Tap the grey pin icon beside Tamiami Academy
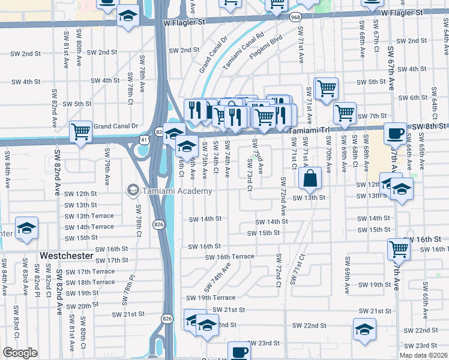pos(131,191)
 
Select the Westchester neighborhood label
pos(67,256)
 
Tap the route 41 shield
pos(146,139)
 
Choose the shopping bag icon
pos(310,178)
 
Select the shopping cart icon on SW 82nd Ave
pos(80,131)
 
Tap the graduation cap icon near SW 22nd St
pos(364,329)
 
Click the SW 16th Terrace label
pos(223,256)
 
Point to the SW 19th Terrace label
pos(211,298)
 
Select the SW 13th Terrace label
pos(90,216)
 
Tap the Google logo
pos(20,352)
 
